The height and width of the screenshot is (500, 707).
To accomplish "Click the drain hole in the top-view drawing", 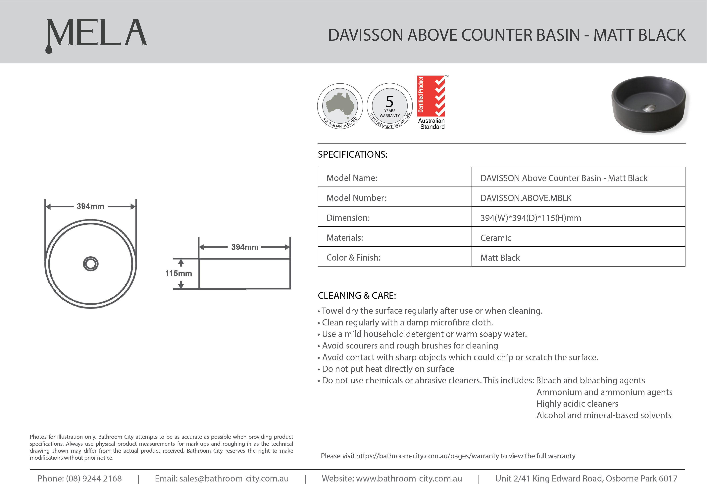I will [x=91, y=264].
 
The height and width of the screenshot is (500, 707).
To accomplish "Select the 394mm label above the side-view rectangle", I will [x=245, y=247].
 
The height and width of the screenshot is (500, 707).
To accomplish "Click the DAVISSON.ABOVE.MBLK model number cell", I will [x=526, y=198].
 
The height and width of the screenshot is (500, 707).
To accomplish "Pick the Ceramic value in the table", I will [x=496, y=238].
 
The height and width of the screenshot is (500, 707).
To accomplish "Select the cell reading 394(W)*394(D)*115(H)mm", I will [x=530, y=218].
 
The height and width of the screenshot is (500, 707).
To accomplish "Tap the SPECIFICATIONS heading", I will [x=352, y=154].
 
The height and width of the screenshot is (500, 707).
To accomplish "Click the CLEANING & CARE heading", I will [x=357, y=296].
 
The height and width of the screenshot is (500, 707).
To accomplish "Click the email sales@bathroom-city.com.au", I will [x=234, y=479].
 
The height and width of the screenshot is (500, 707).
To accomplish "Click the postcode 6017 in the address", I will [x=668, y=479].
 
